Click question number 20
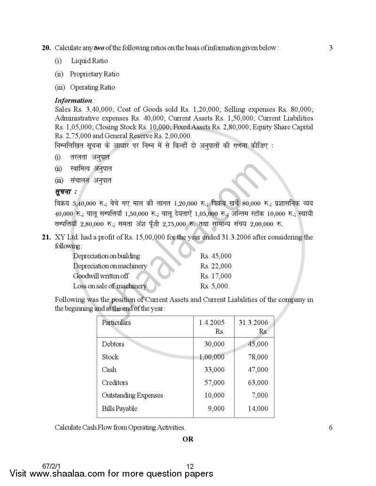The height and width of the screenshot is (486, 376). pyautogui.click(x=46, y=48)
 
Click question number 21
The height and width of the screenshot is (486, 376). pyautogui.click(x=46, y=237)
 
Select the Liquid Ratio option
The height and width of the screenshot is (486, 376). pyautogui.click(x=89, y=61)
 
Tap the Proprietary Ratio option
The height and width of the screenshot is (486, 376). pyautogui.click(x=94, y=74)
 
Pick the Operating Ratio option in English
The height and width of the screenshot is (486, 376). pyautogui.click(x=92, y=87)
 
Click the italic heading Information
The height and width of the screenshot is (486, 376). pyautogui.click(x=74, y=100)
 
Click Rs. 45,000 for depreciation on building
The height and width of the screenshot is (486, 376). pyautogui.click(x=216, y=256)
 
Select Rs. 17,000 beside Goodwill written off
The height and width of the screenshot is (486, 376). pyautogui.click(x=216, y=276)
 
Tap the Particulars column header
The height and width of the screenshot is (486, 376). pyautogui.click(x=117, y=323)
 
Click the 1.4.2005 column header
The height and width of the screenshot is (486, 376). pyautogui.click(x=212, y=323)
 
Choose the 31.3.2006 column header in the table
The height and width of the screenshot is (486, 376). pyautogui.click(x=253, y=323)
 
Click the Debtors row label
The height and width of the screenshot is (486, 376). pyautogui.click(x=113, y=344)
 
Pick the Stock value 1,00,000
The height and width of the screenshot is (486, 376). pyautogui.click(x=211, y=357)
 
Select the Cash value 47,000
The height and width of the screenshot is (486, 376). pyautogui.click(x=258, y=370)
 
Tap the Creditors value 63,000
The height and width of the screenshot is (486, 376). pyautogui.click(x=258, y=383)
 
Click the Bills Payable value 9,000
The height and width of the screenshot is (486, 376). pyautogui.click(x=216, y=409)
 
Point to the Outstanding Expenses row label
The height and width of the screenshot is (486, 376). pyautogui.click(x=133, y=395)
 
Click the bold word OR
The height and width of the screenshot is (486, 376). pyautogui.click(x=188, y=440)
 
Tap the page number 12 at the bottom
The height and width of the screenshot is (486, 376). pyautogui.click(x=190, y=466)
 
